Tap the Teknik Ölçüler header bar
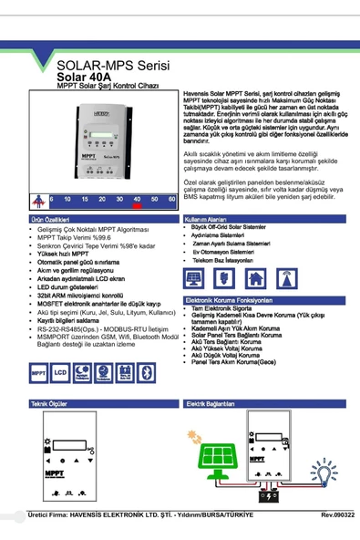click(49, 402)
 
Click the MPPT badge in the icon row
click(39, 373)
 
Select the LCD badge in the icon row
click(60, 373)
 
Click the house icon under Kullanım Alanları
click(257, 278)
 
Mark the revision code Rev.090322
click(338, 514)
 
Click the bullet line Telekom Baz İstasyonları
click(227, 260)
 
